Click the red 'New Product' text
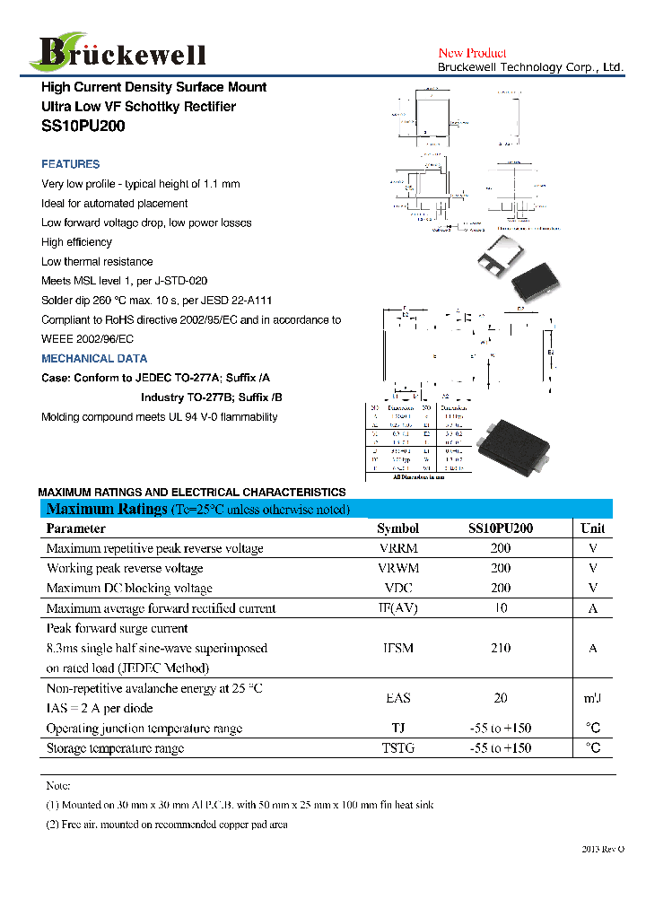472,53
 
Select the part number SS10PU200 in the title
83,127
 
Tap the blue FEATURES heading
71,164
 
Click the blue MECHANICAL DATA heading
94,358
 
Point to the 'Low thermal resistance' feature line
97,262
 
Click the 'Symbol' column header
397,528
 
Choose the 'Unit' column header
592,528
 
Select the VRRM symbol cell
397,548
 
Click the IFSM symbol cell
397,648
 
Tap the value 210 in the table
501,648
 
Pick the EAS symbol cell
397,698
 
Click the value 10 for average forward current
501,608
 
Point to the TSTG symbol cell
397,748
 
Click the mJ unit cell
592,698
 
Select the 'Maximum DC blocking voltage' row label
129,589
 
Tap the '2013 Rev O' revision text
602,849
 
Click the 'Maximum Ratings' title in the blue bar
107,510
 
